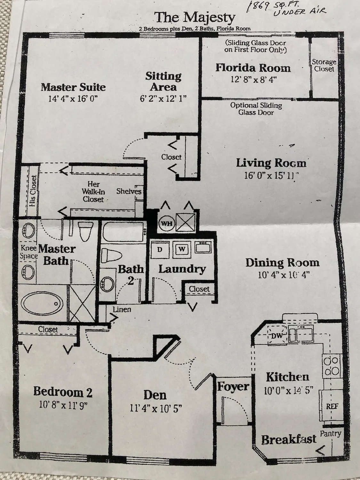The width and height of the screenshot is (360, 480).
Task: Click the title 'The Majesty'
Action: tap(195, 18)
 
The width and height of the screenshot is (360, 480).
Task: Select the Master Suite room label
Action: tap(73, 87)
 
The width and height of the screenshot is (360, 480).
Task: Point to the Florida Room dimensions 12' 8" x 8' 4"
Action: tap(253, 79)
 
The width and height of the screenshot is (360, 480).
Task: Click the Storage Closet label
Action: tap(324, 65)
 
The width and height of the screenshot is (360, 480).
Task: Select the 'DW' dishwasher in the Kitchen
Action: tap(276, 336)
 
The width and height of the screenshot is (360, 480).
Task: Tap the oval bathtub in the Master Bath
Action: tap(42, 303)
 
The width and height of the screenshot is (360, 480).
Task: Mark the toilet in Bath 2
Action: tap(111, 256)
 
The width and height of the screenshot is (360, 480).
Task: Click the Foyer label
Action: tap(233, 387)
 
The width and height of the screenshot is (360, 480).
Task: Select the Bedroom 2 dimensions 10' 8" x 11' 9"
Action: tap(63, 405)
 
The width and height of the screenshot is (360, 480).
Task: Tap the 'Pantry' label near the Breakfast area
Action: tap(331, 434)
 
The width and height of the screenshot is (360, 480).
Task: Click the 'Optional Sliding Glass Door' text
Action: tap(256, 108)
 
